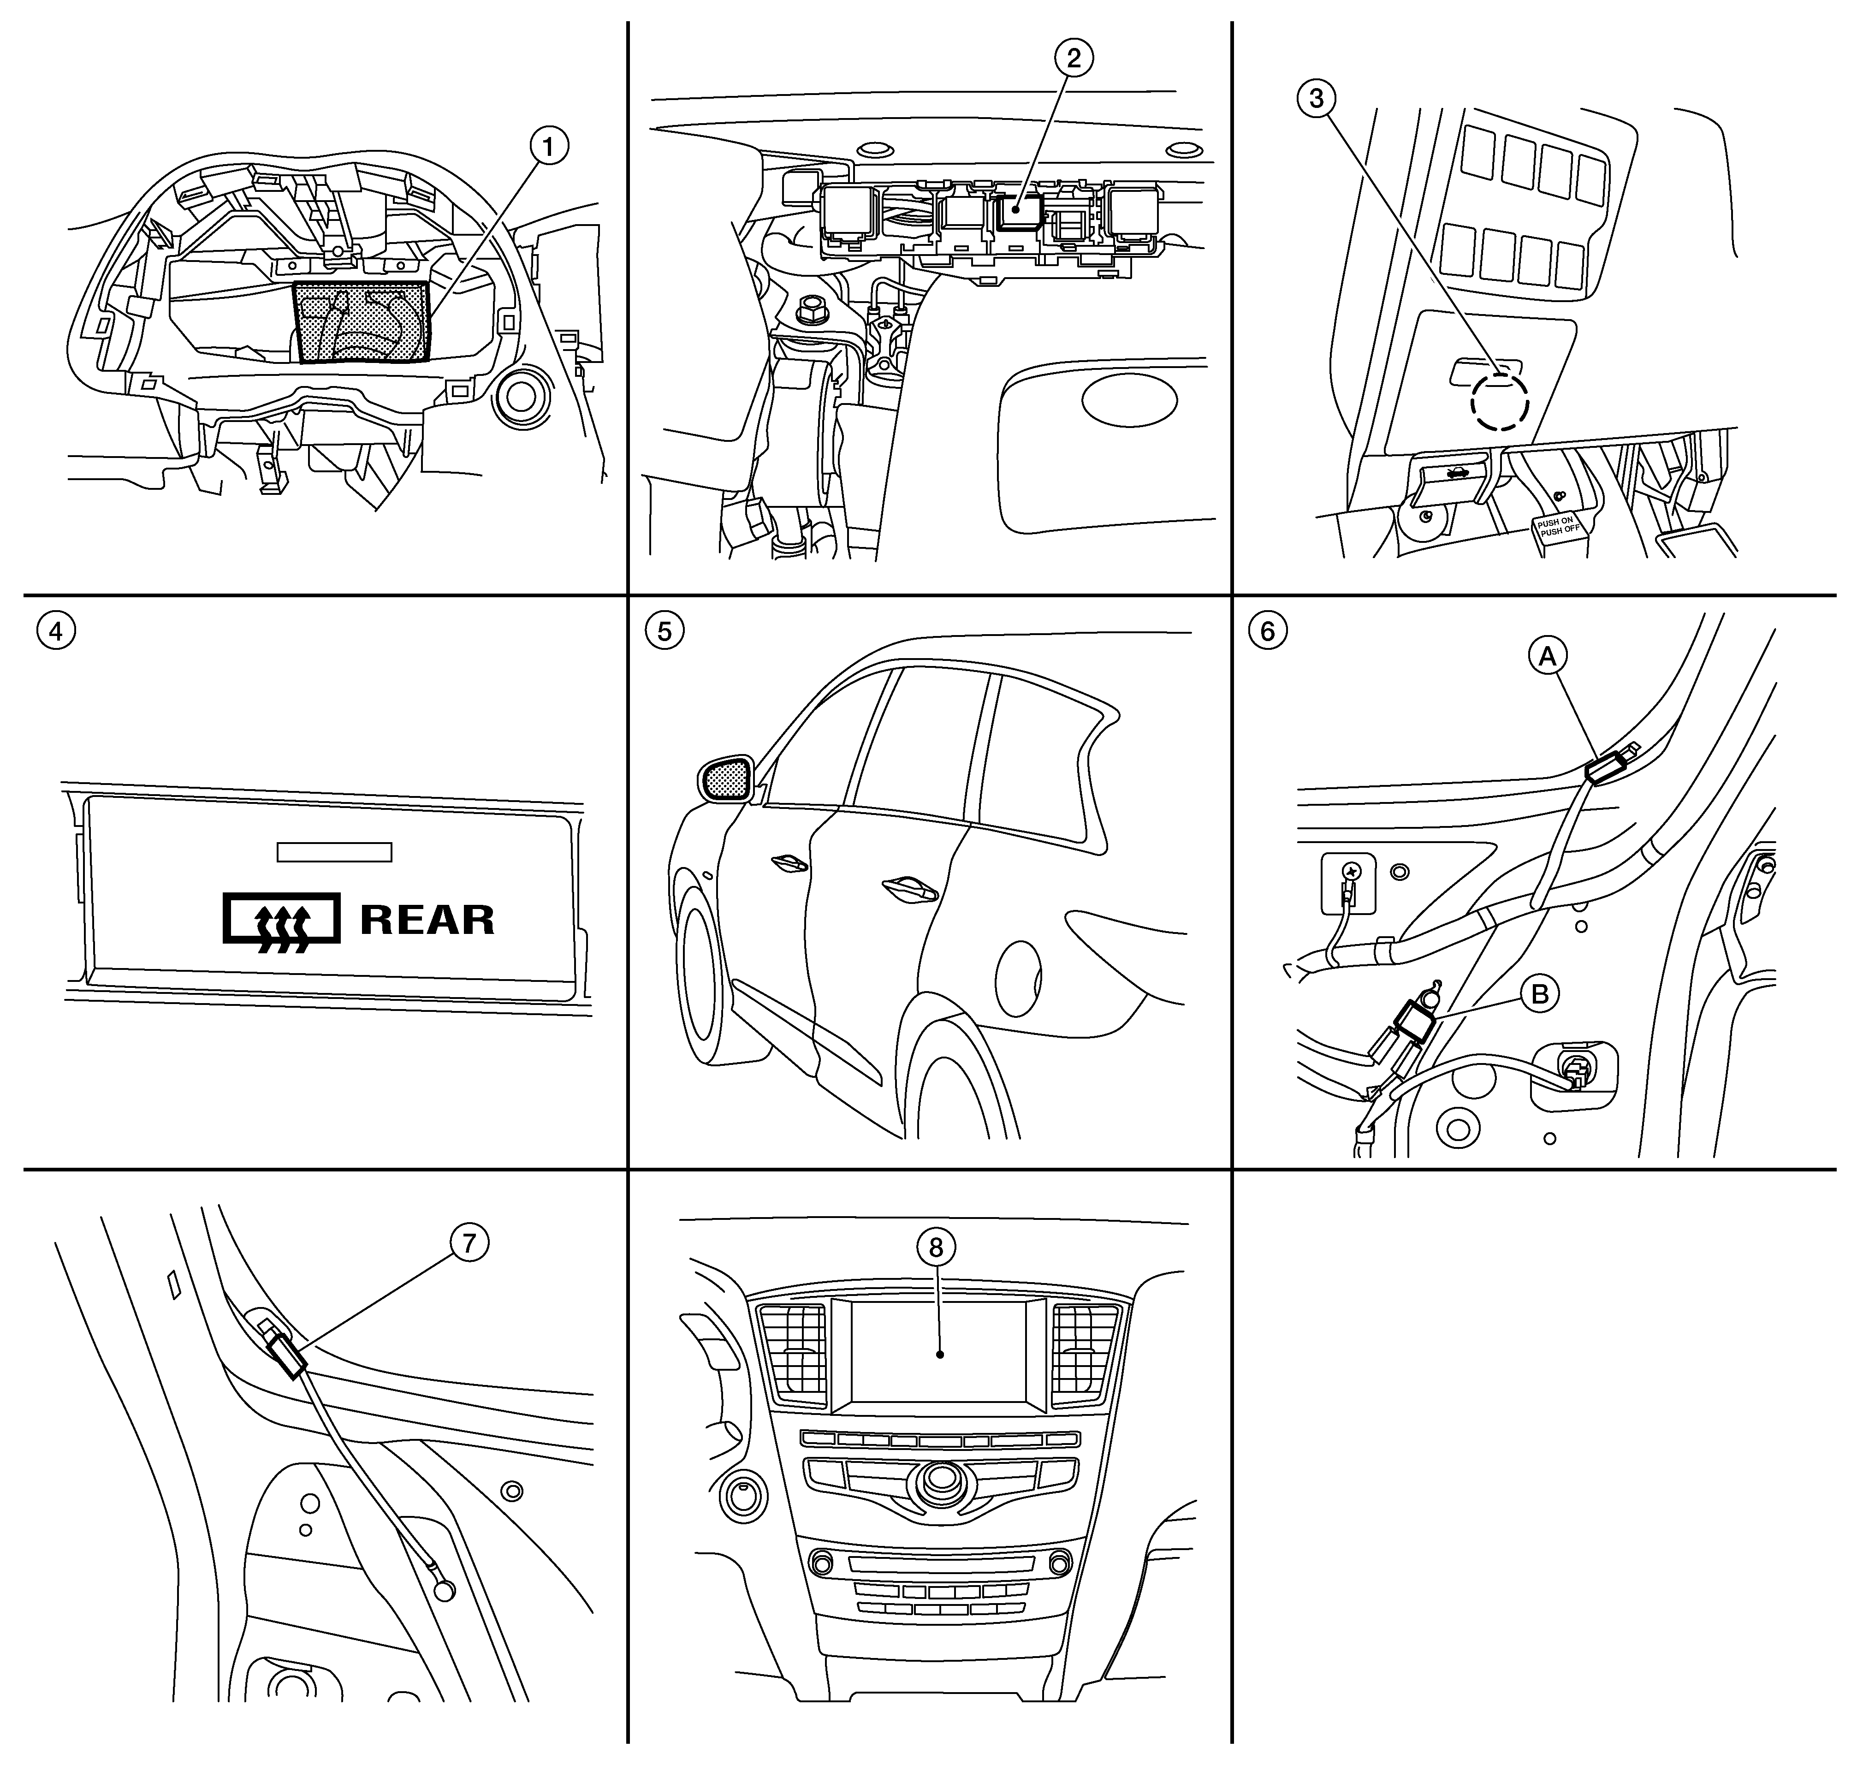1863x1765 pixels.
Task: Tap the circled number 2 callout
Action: coord(1074,58)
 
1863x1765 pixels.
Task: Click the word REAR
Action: coord(427,919)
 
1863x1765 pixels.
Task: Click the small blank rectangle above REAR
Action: coord(334,851)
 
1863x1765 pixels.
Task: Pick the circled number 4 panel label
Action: coord(55,631)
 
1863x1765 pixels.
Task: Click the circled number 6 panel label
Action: coord(1267,631)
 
